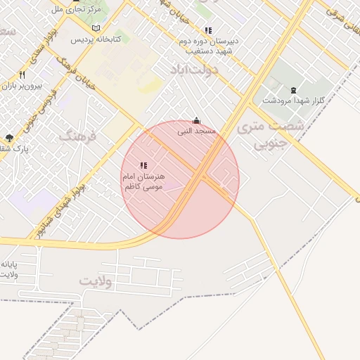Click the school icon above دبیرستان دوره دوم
(x=208, y=30)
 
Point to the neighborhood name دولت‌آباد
(x=194, y=70)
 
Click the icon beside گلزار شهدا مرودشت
(x=293, y=89)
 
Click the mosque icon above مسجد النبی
(x=196, y=120)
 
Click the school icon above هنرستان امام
(x=144, y=165)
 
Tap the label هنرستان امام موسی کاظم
(x=143, y=181)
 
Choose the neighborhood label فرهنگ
(x=82, y=134)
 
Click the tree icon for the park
(x=8, y=138)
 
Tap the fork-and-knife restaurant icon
(x=22, y=75)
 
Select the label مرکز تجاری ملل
(x=77, y=10)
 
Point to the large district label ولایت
(x=97, y=281)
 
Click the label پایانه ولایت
(x=10, y=269)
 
